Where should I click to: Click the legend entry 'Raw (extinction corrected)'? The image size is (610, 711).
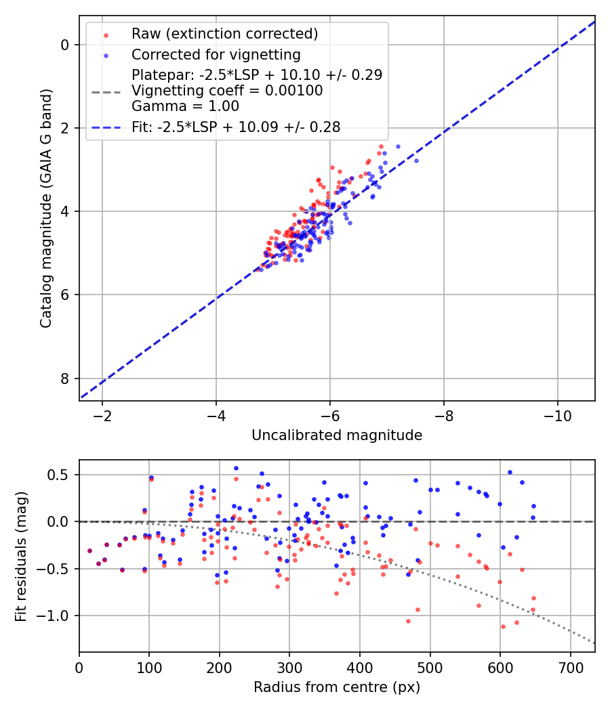tap(224, 34)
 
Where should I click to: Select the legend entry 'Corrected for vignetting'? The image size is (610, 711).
tap(216, 54)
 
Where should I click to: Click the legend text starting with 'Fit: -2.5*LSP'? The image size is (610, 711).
tap(236, 126)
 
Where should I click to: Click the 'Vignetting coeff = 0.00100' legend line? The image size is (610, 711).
tap(227, 90)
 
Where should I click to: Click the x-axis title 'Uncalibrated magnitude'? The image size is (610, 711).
tap(337, 435)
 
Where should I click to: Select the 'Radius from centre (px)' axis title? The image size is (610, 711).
tap(337, 687)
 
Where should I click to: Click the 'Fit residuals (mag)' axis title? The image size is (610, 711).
tap(21, 556)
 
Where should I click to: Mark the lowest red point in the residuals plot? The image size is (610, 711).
tap(503, 626)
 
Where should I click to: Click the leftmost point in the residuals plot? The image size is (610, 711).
tap(89, 551)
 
